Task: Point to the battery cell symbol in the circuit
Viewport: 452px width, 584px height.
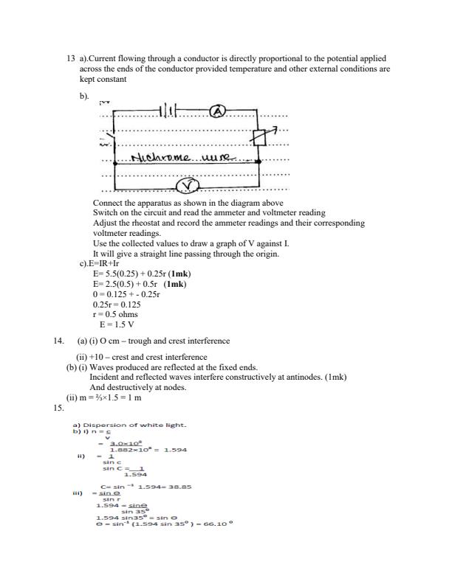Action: click(169, 112)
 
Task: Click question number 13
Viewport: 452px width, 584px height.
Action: click(70, 58)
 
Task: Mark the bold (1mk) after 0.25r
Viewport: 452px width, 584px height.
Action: click(176, 274)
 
